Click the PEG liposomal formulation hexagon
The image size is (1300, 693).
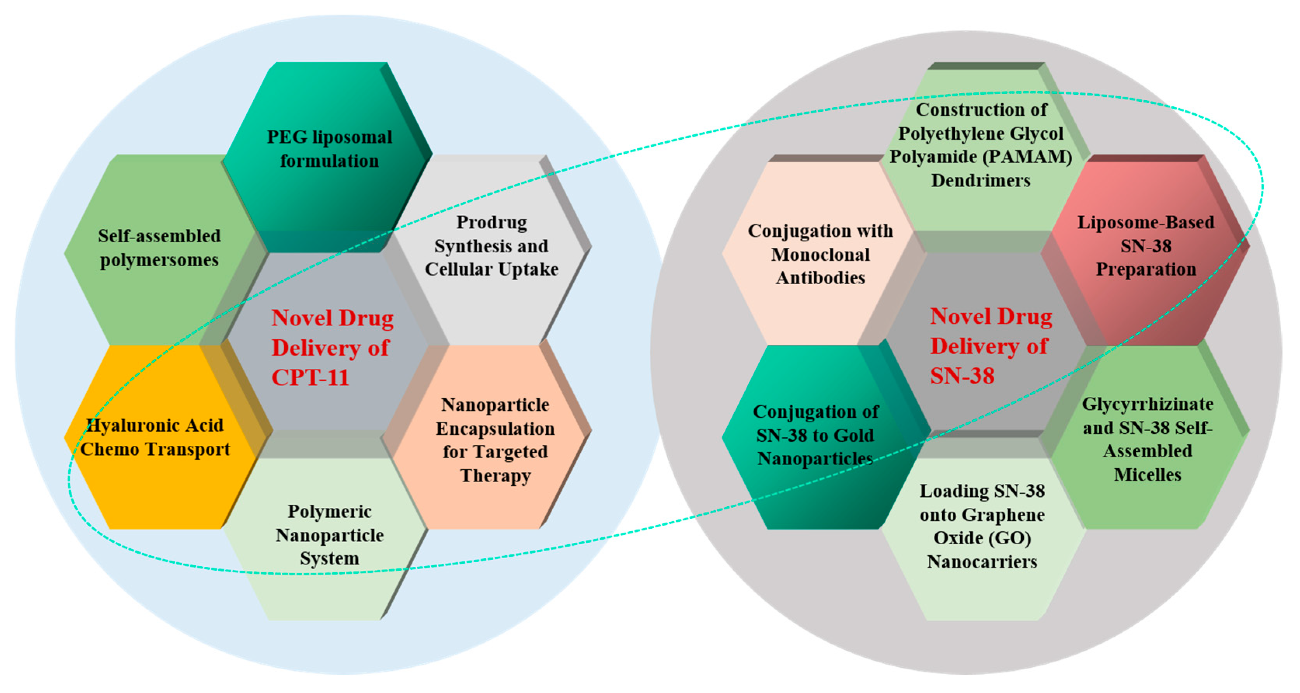329,149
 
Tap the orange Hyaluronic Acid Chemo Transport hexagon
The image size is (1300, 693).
155,437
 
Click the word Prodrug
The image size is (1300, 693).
492,222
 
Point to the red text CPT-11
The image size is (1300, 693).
310,377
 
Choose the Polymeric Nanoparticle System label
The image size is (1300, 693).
329,535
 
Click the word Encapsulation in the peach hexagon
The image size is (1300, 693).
495,428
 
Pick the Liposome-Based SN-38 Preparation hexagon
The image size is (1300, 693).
1145,246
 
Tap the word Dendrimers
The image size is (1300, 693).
981,180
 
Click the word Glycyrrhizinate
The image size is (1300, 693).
1148,404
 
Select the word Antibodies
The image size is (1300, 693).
820,278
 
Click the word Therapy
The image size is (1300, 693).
495,475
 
